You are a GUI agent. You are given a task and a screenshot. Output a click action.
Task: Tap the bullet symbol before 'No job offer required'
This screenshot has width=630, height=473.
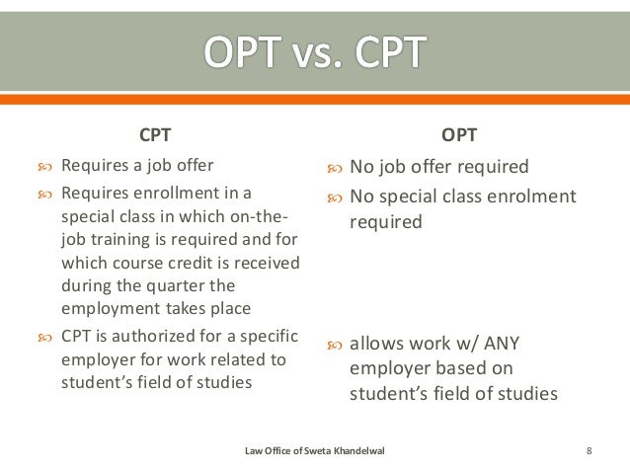pos(333,168)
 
